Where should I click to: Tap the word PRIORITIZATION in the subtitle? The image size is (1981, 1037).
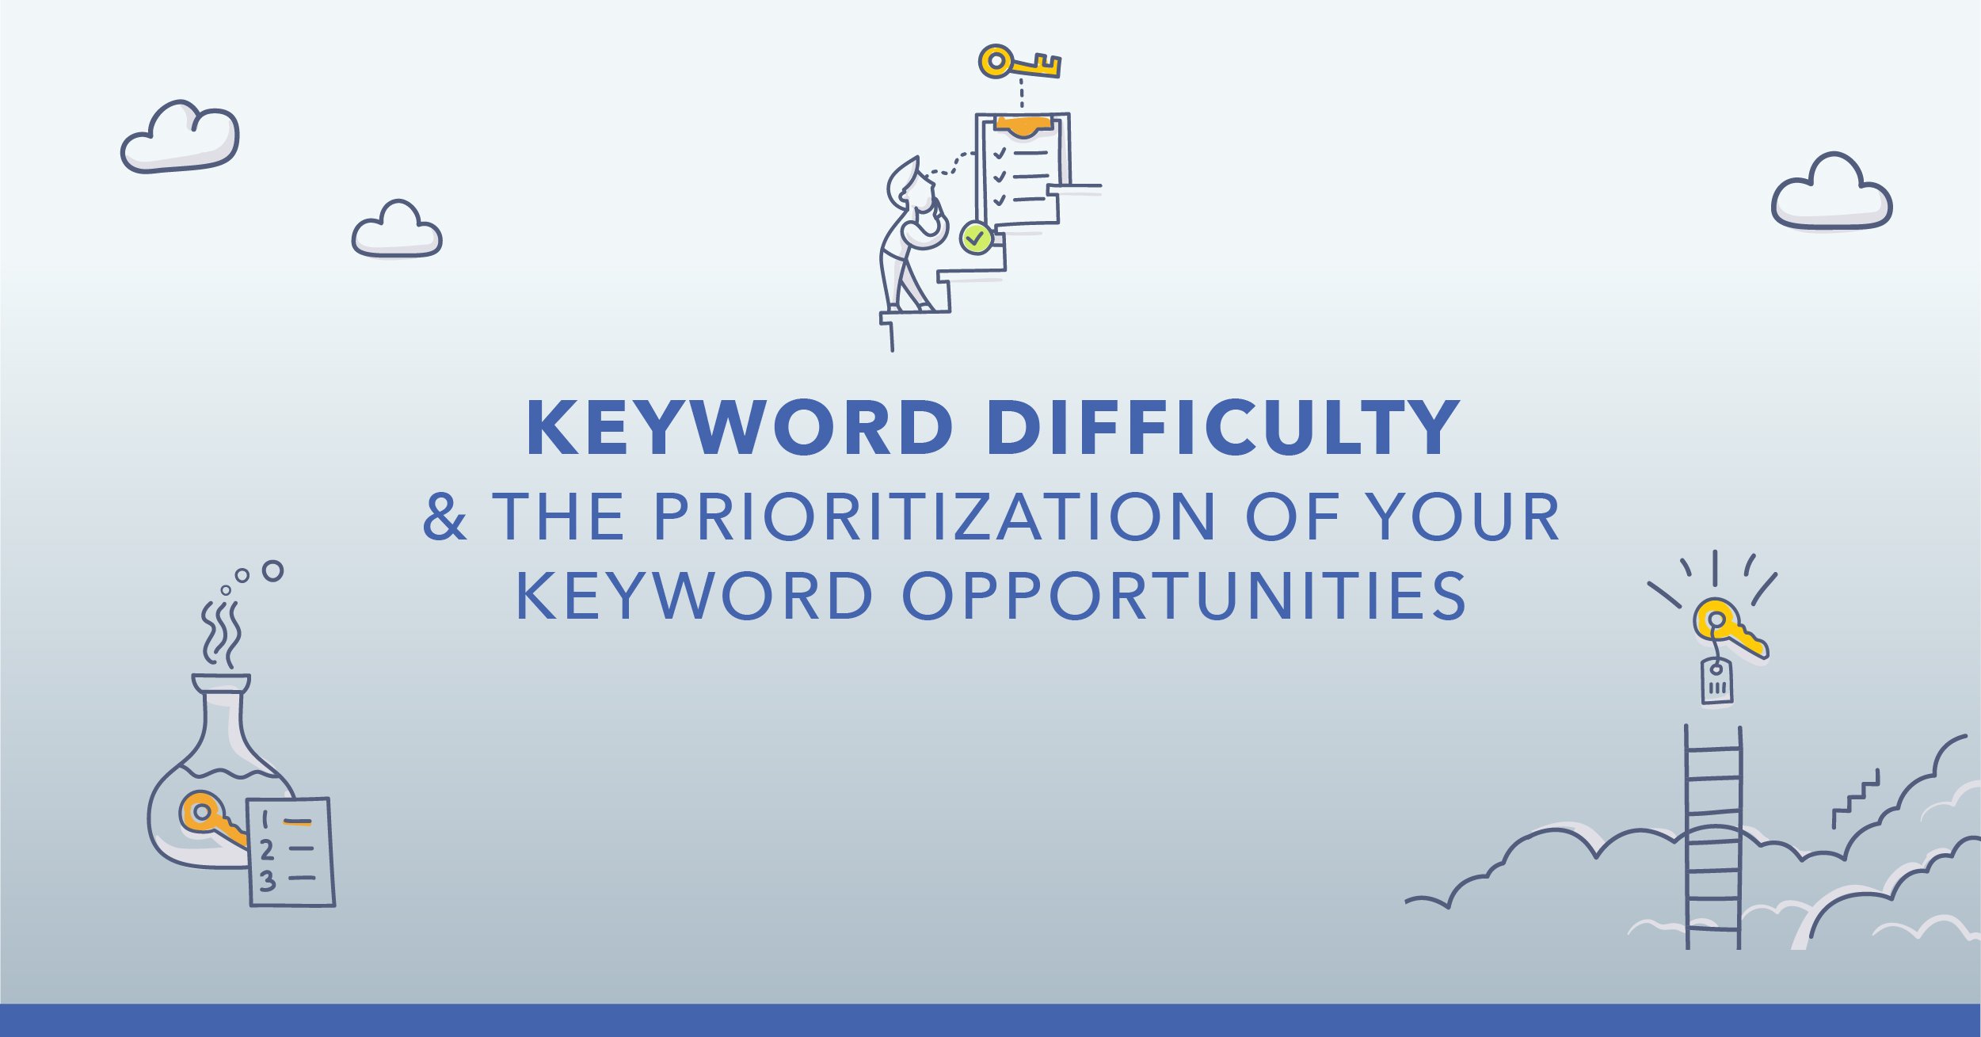934,517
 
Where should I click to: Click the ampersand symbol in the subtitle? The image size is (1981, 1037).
444,517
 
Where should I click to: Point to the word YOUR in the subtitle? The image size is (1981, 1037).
1465,517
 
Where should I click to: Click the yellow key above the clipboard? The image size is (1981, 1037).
1019,62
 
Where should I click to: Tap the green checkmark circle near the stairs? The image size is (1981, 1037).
976,237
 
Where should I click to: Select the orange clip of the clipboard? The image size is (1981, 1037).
1023,125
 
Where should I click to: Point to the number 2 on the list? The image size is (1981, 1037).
267,850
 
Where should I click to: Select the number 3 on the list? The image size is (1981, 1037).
268,881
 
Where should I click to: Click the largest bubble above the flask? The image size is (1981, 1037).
272,570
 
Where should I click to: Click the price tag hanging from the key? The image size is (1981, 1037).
1716,681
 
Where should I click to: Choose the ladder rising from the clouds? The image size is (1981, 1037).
1713,837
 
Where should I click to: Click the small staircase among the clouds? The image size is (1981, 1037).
1855,799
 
